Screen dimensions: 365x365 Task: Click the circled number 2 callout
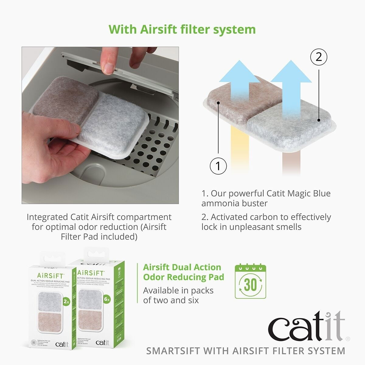318,57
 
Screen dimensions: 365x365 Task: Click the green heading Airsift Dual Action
182,267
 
